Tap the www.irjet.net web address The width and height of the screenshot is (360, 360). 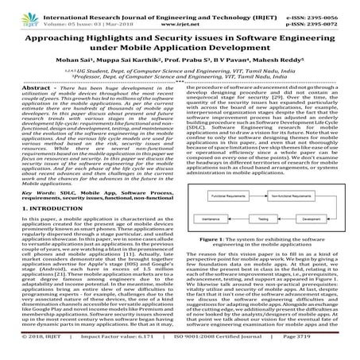tap(180, 16)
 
